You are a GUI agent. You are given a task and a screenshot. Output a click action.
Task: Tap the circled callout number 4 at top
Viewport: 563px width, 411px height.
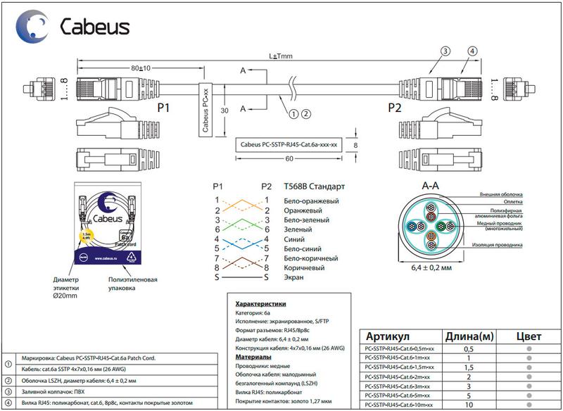coord(472,51)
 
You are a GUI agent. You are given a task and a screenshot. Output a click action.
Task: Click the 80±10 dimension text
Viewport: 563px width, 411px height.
coord(141,68)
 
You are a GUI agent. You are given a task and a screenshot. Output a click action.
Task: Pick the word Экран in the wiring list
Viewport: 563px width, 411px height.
coord(294,278)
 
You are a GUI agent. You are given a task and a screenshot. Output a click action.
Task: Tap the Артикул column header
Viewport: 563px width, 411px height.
coord(398,336)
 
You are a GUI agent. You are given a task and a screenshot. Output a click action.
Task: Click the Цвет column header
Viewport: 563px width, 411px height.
coord(528,336)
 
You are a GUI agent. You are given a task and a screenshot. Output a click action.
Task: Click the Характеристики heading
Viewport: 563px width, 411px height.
coord(260,303)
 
